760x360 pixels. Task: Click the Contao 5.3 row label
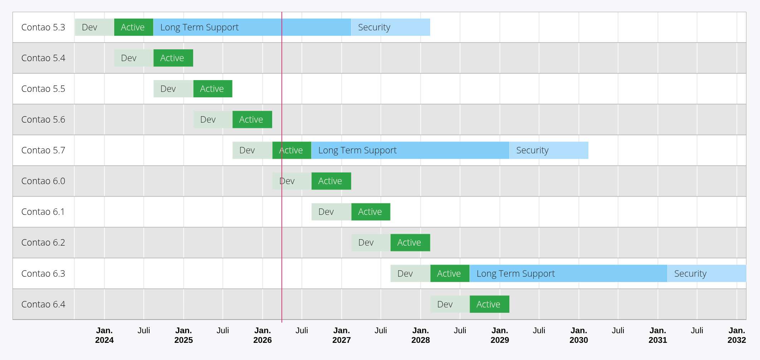[43, 27]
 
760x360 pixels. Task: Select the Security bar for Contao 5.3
[391, 27]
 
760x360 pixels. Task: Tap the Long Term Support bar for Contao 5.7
[410, 150]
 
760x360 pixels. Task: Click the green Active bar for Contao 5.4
[173, 58]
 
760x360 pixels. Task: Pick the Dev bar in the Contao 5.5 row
[173, 89]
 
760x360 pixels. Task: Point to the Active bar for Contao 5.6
[252, 119]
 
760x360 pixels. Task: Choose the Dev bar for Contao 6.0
[292, 181]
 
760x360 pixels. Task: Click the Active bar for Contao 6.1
[371, 212]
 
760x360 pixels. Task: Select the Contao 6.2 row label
[43, 242]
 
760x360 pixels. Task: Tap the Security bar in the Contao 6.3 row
[706, 273]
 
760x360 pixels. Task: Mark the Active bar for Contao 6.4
[489, 304]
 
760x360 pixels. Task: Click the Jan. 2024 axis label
[104, 335]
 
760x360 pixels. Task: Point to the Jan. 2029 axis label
[500, 335]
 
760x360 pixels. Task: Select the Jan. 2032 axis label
[736, 335]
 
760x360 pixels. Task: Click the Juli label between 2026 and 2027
[301, 330]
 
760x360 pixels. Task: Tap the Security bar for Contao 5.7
[549, 150]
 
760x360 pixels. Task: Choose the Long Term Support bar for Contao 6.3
[568, 273]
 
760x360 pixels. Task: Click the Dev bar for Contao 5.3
[94, 27]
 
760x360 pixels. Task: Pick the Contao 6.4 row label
[43, 304]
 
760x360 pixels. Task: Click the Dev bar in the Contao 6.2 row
[371, 242]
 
